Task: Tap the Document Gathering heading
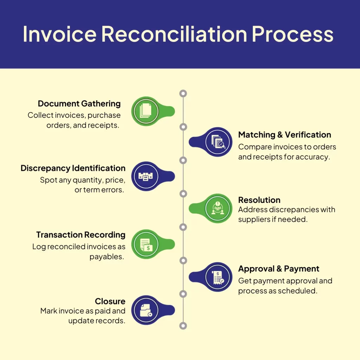[79, 104]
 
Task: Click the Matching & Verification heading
[284, 135]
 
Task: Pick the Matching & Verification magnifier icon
[219, 142]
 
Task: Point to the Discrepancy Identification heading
[73, 168]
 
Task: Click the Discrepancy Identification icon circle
[146, 176]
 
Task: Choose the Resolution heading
[259, 200]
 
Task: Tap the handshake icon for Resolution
[219, 208]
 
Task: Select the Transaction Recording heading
[81, 234]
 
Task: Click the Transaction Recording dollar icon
[146, 244]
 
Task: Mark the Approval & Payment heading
[278, 269]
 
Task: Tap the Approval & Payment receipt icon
[219, 277]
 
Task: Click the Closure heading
[110, 301]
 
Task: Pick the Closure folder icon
[146, 310]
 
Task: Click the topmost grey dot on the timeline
[183, 94]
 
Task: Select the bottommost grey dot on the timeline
[183, 326]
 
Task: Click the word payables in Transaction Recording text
[107, 257]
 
